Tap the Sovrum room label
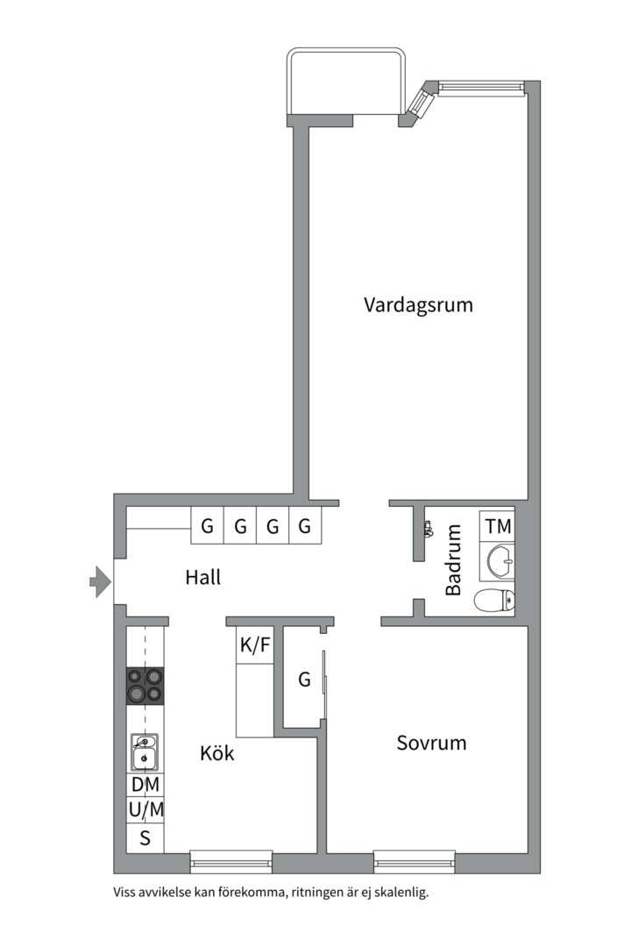coord(431,743)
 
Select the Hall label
coord(202,578)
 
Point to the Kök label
coord(216,752)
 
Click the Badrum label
coord(453,559)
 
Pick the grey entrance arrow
coord(101,580)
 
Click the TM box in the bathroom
coord(497,527)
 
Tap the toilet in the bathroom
coord(495,602)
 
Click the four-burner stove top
coord(145,685)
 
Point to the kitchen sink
coord(145,751)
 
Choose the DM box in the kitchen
coord(145,784)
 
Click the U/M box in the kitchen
coord(145,809)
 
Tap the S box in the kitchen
coord(145,837)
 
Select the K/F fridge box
coord(255,646)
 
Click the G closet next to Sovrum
coord(303,679)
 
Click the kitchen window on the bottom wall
coord(231,861)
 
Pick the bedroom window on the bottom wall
coord(414,861)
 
